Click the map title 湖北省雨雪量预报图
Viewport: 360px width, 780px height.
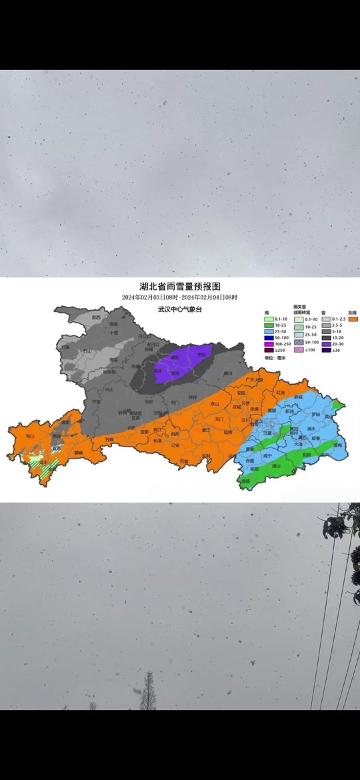[x=179, y=286]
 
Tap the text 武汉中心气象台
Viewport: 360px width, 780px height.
[x=179, y=309]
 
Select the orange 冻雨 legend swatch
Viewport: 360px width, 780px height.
[x=353, y=319]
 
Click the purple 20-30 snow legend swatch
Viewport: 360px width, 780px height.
[x=325, y=343]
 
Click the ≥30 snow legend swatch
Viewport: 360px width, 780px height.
[x=325, y=350]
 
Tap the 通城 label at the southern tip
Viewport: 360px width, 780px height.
[x=245, y=481]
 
